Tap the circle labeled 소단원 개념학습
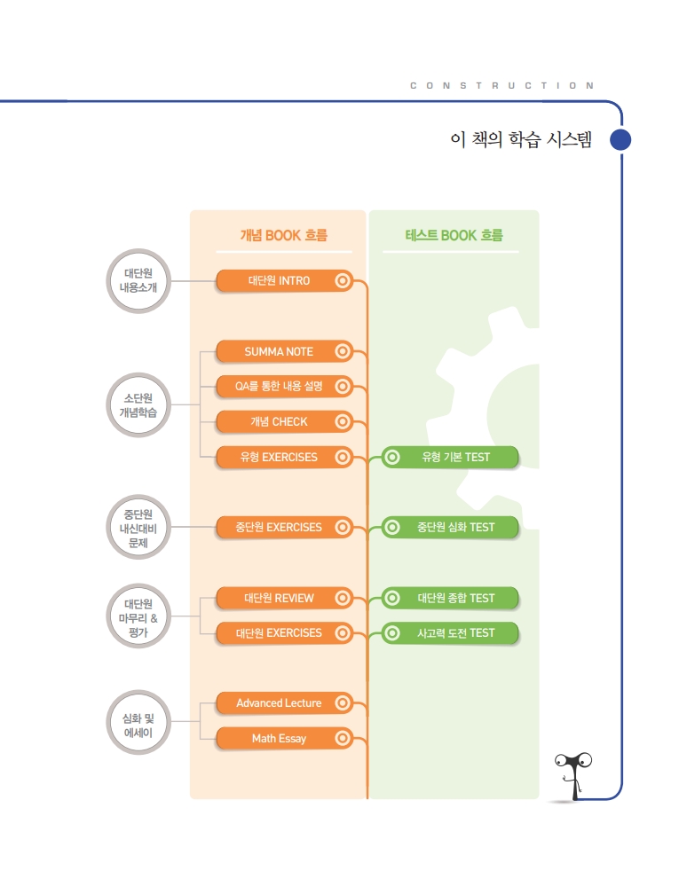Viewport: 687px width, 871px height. (x=138, y=404)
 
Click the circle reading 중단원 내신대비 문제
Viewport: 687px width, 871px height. (x=138, y=528)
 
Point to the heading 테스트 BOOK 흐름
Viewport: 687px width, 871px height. (x=454, y=236)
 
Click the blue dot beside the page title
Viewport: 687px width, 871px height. (x=620, y=140)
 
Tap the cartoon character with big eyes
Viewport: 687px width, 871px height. (x=573, y=772)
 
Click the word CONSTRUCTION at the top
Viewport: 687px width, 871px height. (x=502, y=86)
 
